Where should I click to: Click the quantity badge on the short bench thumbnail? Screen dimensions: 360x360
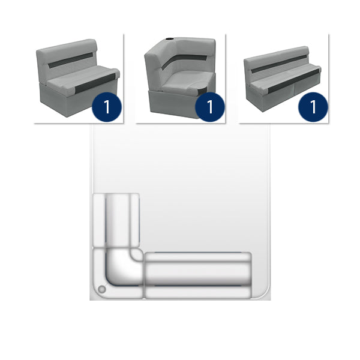coord(107,107)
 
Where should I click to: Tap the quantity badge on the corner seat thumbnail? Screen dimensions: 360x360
coord(209,107)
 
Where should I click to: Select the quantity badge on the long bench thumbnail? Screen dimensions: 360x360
coord(313,107)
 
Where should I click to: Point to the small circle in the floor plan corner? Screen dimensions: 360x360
coord(101,290)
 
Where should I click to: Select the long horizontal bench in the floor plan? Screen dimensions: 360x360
coord(197,275)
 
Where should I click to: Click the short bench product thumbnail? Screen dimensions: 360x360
coord(79,78)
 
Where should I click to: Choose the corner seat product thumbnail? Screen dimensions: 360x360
coord(181,78)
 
